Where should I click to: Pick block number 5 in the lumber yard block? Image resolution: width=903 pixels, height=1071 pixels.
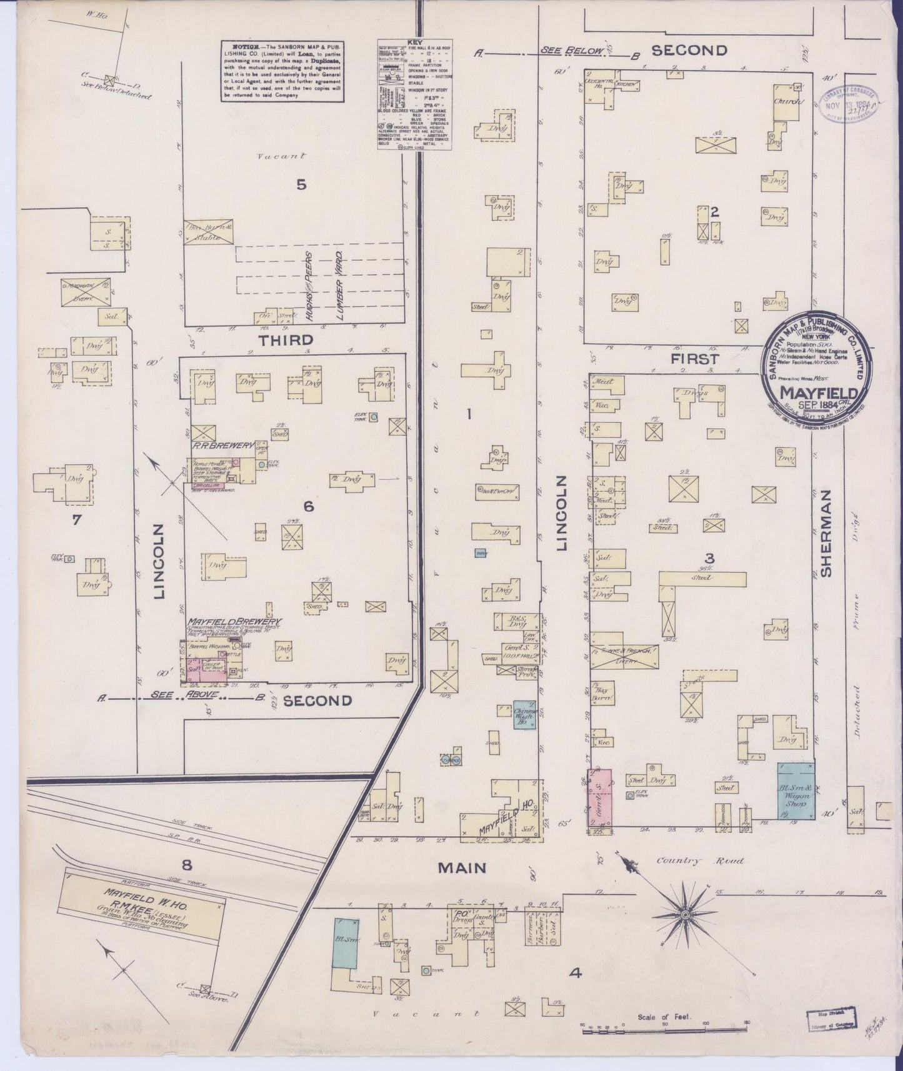tap(302, 184)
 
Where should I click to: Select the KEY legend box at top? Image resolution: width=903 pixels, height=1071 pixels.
tap(414, 95)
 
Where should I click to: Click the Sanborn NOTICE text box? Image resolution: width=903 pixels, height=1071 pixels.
tap(282, 72)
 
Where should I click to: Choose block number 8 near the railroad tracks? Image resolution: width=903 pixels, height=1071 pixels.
tap(186, 865)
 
